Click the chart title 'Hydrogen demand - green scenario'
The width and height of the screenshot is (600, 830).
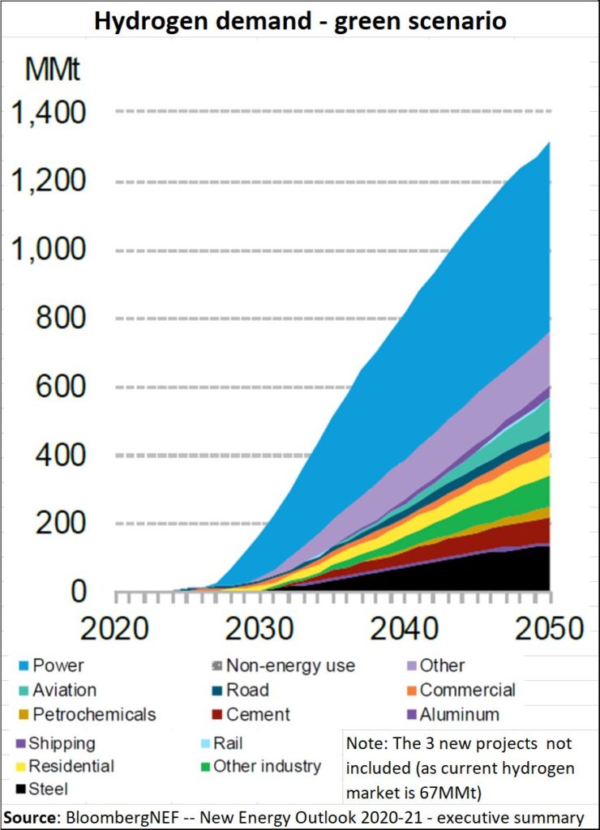[x=300, y=21]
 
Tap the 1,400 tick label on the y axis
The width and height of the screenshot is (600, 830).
[x=47, y=112]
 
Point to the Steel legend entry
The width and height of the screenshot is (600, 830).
[x=48, y=788]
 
